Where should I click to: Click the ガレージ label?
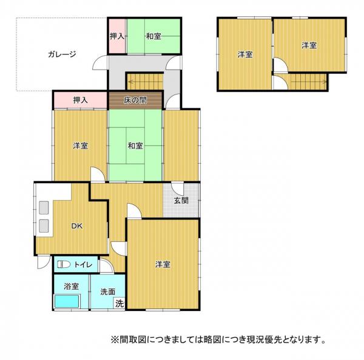(x=61, y=54)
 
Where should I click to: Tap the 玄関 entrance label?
(x=180, y=200)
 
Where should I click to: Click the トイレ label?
(x=83, y=264)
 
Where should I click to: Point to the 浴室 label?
(x=71, y=286)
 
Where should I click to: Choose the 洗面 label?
(x=108, y=292)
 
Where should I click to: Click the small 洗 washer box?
(x=120, y=303)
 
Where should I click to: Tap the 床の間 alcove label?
(x=135, y=99)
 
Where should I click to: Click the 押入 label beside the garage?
(x=117, y=36)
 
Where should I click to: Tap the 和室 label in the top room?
(x=153, y=36)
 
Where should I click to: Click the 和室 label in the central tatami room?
(x=135, y=146)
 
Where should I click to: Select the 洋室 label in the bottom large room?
(x=162, y=264)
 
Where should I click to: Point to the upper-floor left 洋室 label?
(x=244, y=55)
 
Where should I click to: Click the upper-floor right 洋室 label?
(x=309, y=45)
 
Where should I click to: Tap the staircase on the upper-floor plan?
(x=308, y=81)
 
